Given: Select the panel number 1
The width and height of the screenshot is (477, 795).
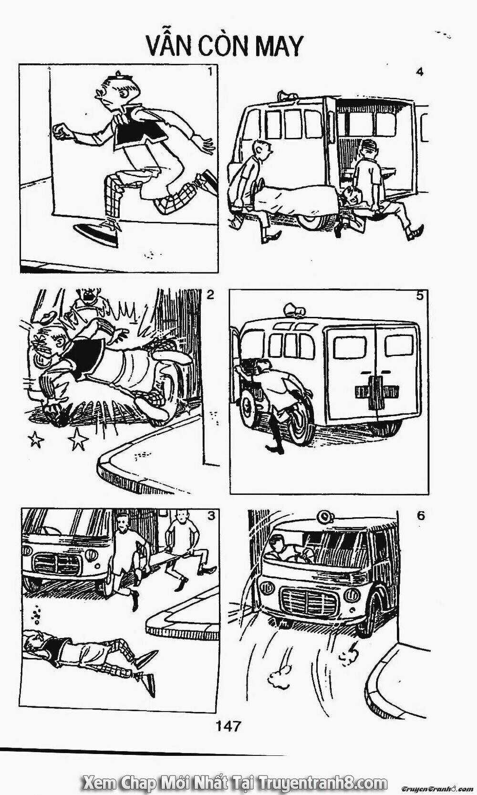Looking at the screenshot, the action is coord(210,72).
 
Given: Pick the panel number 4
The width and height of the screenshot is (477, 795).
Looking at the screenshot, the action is coord(420,72).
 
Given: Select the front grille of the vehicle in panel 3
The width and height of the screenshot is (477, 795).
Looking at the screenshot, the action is coord(57,563).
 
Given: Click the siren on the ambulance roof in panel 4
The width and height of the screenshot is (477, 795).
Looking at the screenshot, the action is coord(287,95).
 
